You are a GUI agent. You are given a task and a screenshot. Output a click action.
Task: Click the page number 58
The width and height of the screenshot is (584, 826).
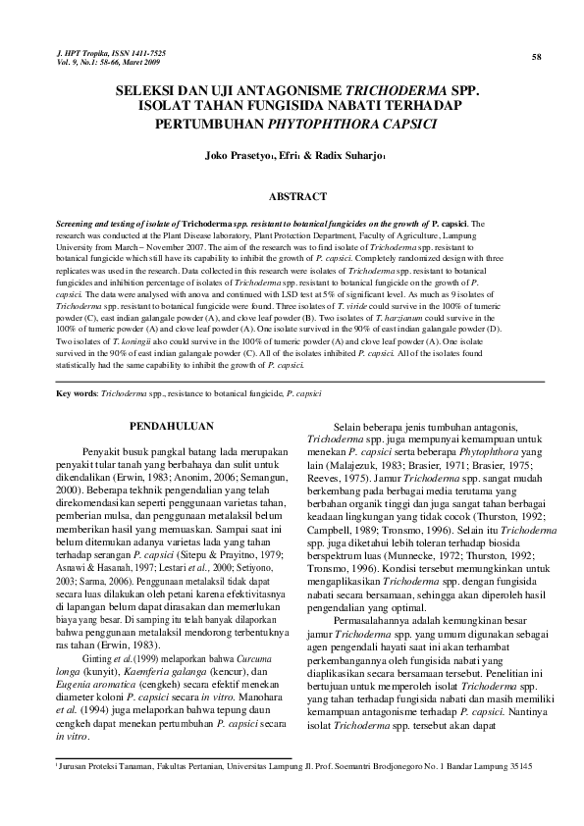tap(537, 57)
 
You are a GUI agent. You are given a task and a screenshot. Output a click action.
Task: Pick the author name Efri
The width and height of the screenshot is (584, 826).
tap(289, 155)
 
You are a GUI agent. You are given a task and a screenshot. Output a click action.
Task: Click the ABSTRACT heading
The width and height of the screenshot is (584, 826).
tap(296, 196)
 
